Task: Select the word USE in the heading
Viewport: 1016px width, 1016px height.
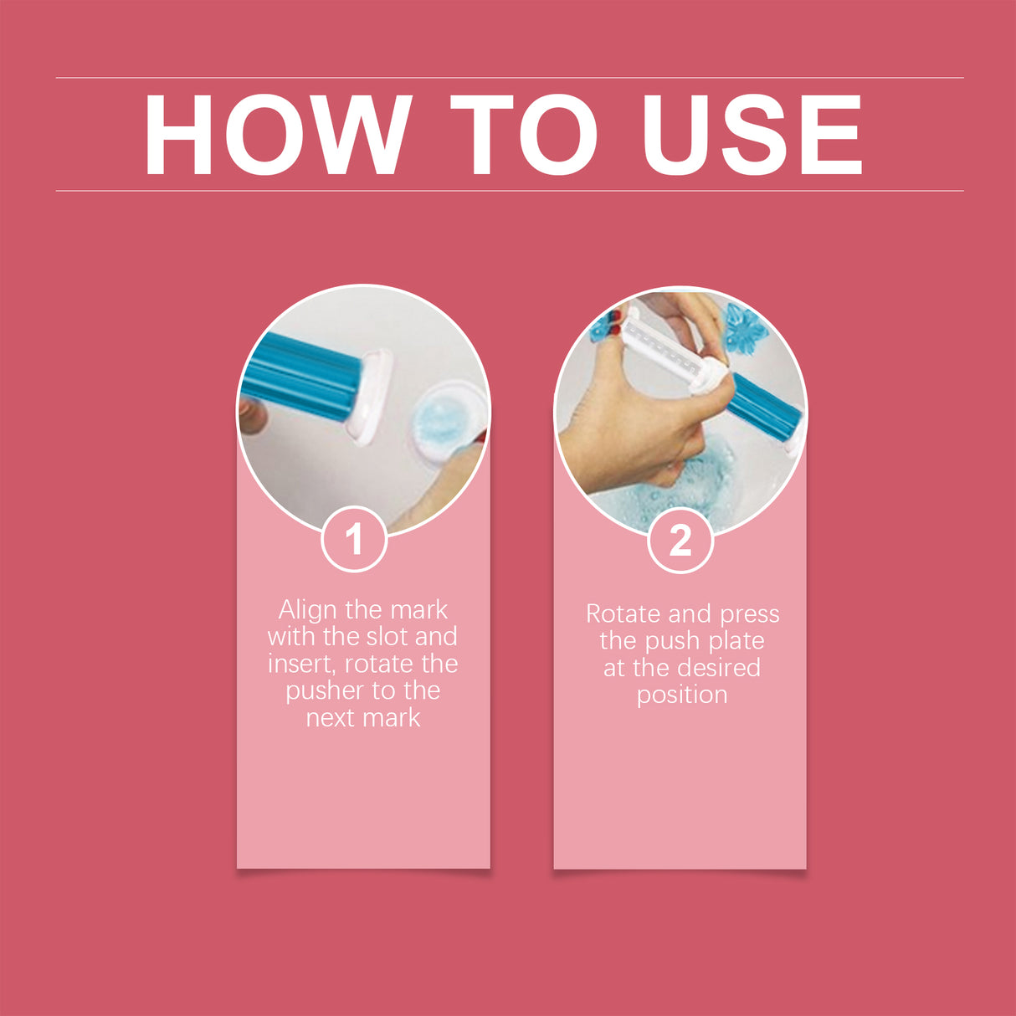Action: pyautogui.click(x=752, y=135)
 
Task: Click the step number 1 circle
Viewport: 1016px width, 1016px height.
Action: pyautogui.click(x=354, y=539)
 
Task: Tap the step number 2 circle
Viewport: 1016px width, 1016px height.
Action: pyautogui.click(x=680, y=541)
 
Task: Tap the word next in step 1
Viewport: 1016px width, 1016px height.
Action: pyautogui.click(x=330, y=718)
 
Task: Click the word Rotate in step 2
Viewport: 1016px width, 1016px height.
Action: pyautogui.click(x=623, y=614)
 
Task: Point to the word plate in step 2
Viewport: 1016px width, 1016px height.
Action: pyautogui.click(x=736, y=641)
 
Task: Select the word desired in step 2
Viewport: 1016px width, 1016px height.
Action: pyautogui.click(x=717, y=668)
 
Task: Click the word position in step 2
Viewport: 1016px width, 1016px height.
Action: pyautogui.click(x=682, y=695)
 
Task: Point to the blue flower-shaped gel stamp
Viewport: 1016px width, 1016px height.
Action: pyautogui.click(x=745, y=329)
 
